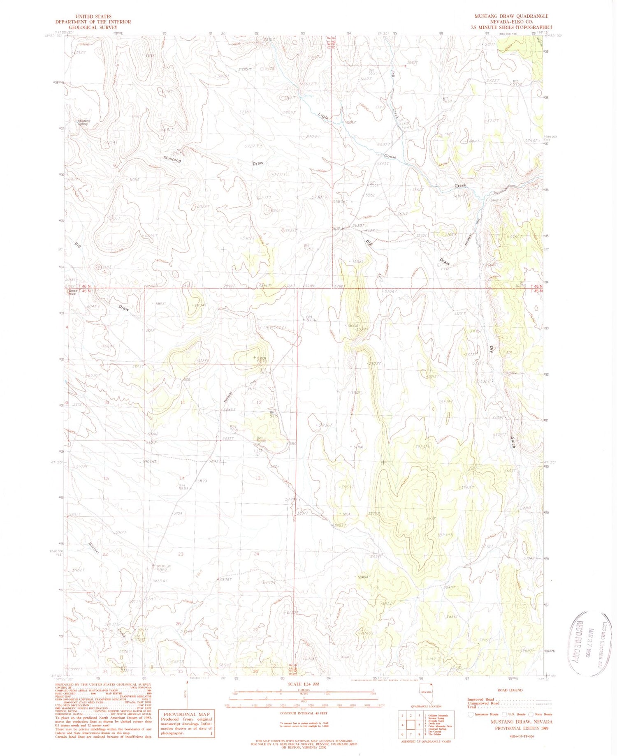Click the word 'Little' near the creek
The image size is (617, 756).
tap(323, 117)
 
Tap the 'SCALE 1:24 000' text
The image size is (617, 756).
tap(303, 686)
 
